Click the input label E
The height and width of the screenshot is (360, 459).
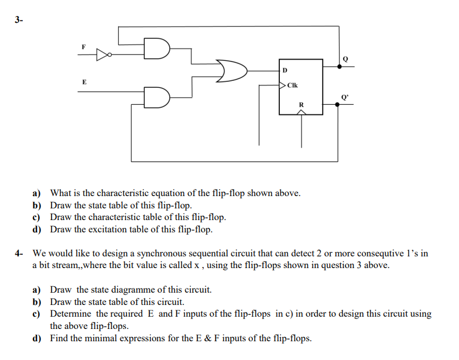(83, 82)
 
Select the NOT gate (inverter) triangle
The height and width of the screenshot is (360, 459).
(102, 55)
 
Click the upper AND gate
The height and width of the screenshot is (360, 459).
(159, 50)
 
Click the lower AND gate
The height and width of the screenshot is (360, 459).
(159, 95)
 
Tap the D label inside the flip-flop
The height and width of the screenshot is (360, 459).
(285, 70)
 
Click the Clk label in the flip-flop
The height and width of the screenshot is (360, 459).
(293, 85)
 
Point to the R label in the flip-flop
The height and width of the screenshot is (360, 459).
(302, 105)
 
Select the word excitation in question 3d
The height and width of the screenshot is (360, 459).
(110, 229)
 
